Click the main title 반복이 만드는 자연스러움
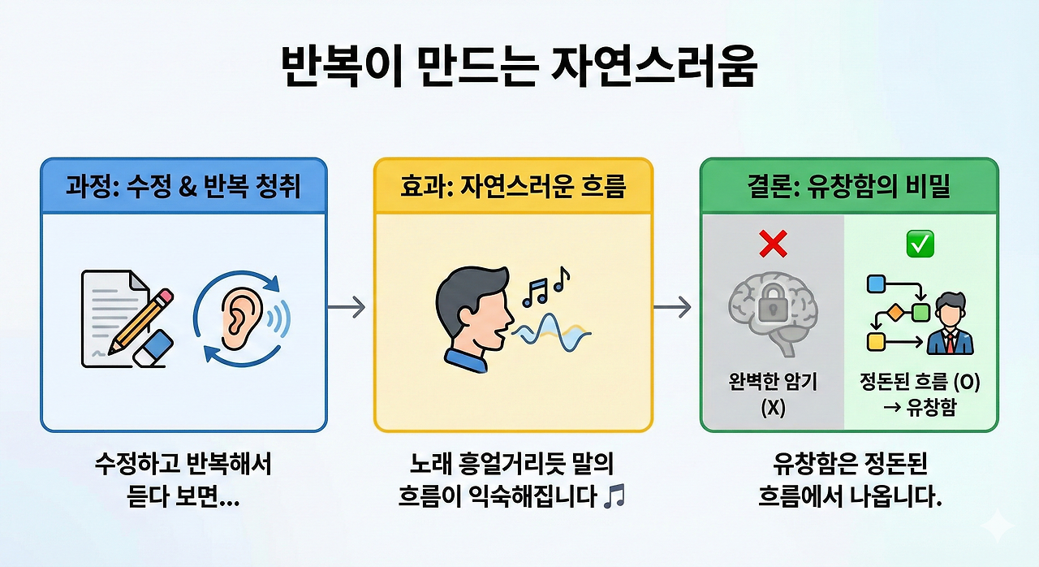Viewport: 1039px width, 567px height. tap(519, 67)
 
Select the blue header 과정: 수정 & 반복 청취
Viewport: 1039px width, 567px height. tap(183, 187)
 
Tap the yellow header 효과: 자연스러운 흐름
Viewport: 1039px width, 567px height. tap(513, 187)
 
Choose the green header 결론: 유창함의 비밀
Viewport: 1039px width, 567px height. tap(849, 187)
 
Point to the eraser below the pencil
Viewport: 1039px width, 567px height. tap(153, 347)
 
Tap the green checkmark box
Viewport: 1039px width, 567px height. tap(920, 242)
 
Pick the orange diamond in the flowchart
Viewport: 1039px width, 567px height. tap(896, 311)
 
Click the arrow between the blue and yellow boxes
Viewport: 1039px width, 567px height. tap(347, 307)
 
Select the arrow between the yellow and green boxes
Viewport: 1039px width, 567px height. tap(673, 307)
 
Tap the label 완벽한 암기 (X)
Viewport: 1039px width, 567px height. tap(773, 394)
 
